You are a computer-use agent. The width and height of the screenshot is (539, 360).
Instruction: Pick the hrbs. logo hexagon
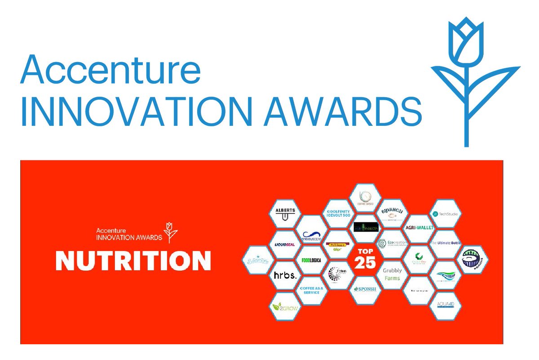285,276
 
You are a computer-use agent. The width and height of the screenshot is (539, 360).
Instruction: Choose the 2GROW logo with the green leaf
284,307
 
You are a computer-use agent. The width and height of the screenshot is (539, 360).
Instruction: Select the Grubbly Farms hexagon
392,275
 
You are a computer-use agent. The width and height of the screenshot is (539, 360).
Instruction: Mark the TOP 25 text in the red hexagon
365,258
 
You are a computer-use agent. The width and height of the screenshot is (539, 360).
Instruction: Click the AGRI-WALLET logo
419,228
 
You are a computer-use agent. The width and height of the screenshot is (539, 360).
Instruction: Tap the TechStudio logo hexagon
446,214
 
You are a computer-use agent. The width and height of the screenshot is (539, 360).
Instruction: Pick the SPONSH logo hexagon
365,289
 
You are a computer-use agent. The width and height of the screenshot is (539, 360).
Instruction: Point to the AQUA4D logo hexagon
446,306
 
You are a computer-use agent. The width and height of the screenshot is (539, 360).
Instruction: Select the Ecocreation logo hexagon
392,244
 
